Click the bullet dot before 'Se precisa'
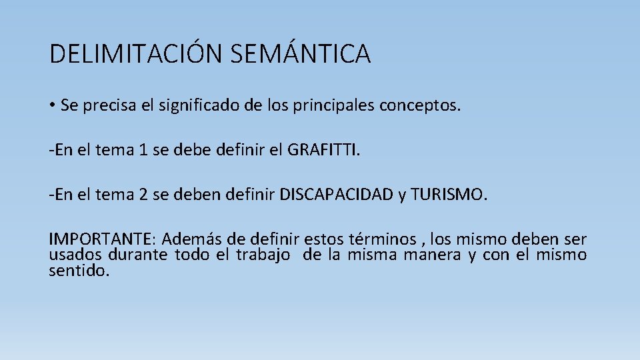click(x=52, y=105)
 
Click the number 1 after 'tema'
click(x=142, y=151)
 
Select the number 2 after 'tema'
click(x=143, y=196)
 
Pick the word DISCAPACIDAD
click(x=336, y=196)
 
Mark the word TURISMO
click(x=449, y=196)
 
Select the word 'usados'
click(x=75, y=255)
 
